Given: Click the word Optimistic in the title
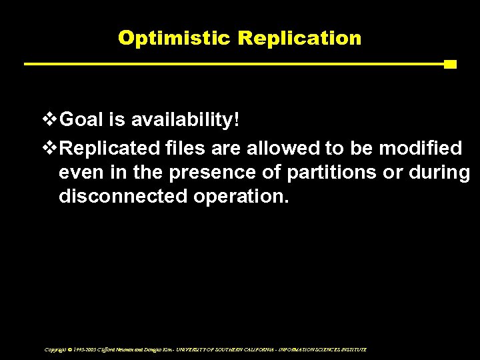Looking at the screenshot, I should point(175,38).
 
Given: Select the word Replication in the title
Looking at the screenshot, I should point(299,38).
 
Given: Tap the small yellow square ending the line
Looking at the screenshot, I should point(450,65).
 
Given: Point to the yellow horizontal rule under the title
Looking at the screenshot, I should point(233,65).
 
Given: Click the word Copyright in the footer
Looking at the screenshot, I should point(56,349).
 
